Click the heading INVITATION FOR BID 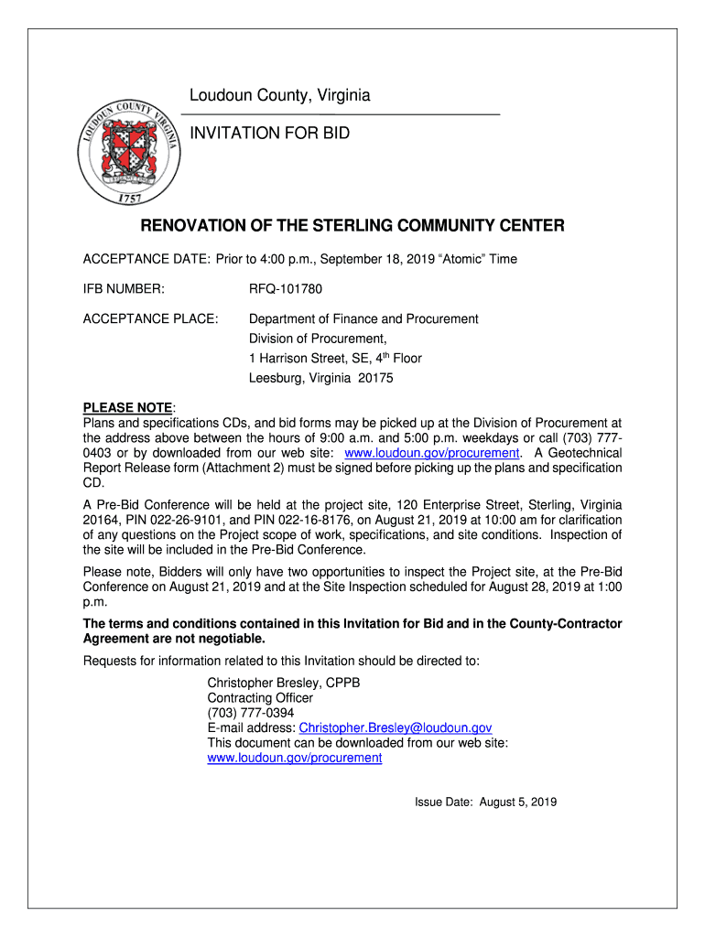pyautogui.click(x=269, y=134)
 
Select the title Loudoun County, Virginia pyautogui.click(x=279, y=96)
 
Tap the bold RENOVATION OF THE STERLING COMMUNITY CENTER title pyautogui.click(x=352, y=226)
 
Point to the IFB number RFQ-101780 pyautogui.click(x=286, y=289)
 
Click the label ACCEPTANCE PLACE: pyautogui.click(x=150, y=319)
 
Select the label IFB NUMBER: pyautogui.click(x=124, y=289)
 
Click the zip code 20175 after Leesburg pyautogui.click(x=376, y=378)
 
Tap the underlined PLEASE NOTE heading pyautogui.click(x=127, y=407)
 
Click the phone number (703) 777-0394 pyautogui.click(x=251, y=713)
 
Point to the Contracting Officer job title pyautogui.click(x=260, y=698)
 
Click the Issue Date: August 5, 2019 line pyautogui.click(x=485, y=802)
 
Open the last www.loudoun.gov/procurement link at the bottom pyautogui.click(x=294, y=759)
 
